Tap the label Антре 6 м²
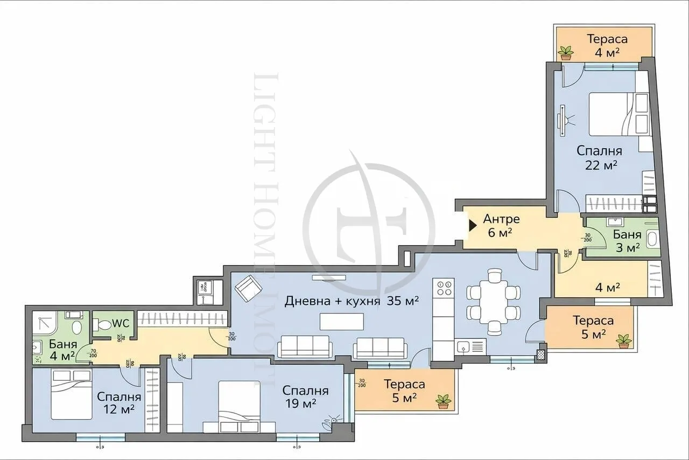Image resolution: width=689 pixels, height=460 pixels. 501,226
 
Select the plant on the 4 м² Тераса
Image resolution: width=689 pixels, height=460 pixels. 566,52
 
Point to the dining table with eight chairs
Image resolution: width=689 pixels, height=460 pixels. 494,302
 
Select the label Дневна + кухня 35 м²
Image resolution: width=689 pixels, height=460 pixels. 351,301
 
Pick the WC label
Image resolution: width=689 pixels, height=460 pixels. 121,324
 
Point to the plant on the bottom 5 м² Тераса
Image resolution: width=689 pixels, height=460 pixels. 444,401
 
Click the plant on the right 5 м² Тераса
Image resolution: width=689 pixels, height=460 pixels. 624,341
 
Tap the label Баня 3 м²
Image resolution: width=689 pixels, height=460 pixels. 627,241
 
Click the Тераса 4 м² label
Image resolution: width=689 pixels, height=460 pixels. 607,45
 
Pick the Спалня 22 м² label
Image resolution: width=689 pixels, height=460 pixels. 600,158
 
